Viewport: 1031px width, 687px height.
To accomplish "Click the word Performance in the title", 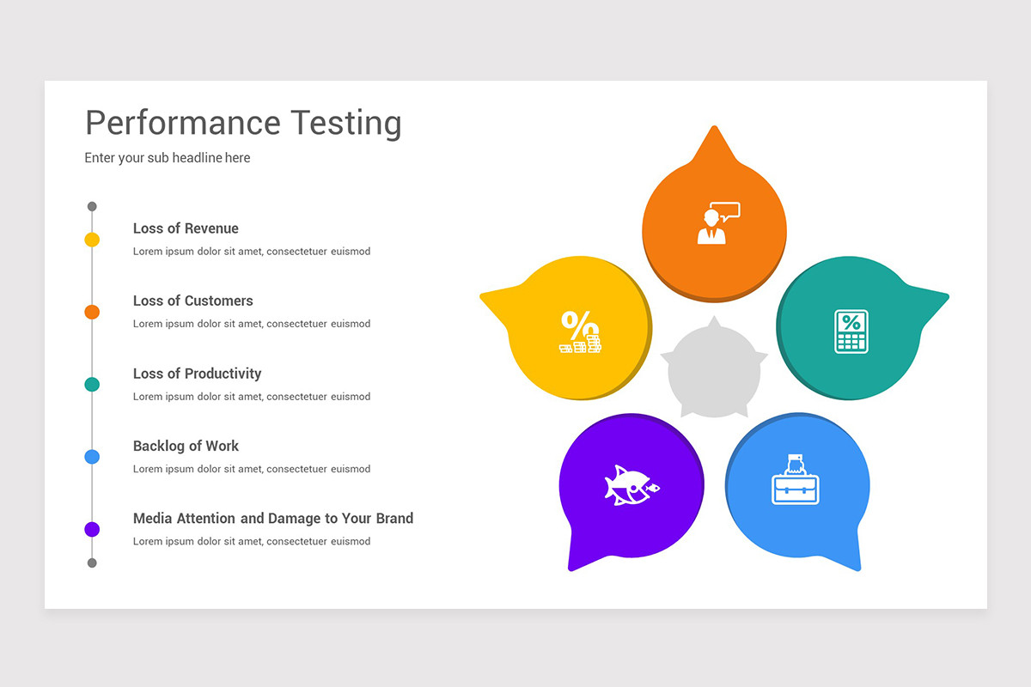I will pos(183,124).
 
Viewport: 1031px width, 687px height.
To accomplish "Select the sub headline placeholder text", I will pos(168,158).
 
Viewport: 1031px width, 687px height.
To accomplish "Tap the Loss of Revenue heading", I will pos(186,228).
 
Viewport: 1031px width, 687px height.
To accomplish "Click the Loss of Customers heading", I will pos(192,301).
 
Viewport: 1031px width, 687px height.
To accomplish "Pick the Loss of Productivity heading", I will pos(197,374).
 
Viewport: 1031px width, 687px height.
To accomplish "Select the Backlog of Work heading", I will pos(186,446).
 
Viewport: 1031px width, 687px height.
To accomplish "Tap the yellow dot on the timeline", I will pos(92,240).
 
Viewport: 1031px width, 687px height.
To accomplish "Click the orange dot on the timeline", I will pos(92,312).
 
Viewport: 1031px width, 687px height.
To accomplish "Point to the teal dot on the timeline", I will pos(92,384).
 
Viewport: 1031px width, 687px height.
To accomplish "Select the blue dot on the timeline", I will pos(92,457).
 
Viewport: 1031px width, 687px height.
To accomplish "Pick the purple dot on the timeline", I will pos(92,529).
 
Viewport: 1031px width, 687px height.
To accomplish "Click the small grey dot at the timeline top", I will pos(92,207).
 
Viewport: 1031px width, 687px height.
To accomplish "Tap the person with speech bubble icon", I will pos(717,224).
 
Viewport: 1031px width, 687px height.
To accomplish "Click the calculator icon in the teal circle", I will pos(851,331).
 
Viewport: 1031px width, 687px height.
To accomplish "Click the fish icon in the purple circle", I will pos(631,485).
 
